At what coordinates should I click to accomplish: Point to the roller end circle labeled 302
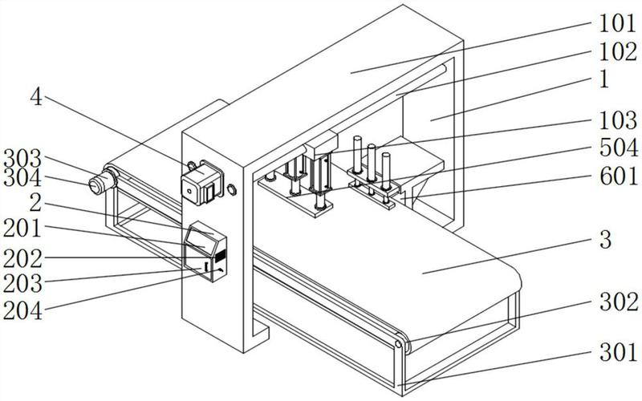pos(399,345)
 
